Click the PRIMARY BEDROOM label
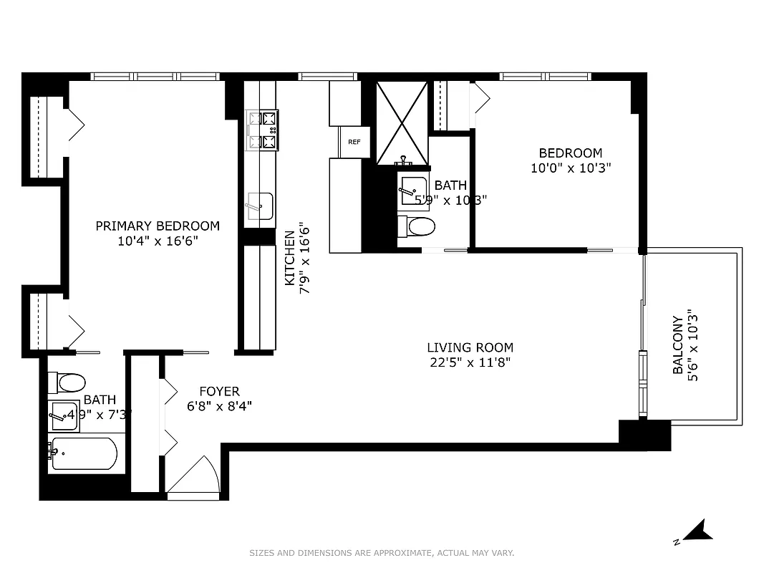point(158,226)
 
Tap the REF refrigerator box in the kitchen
point(354,142)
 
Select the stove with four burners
point(262,130)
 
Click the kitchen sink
point(259,206)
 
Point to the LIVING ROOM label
point(470,348)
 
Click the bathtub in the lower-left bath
point(83,453)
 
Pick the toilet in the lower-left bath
point(69,382)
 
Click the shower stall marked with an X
point(402,122)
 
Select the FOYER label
point(219,392)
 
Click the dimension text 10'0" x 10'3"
point(570,168)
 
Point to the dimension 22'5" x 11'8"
point(470,362)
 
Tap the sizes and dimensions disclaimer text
point(382,553)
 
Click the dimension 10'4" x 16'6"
point(158,241)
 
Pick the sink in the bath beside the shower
point(414,190)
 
